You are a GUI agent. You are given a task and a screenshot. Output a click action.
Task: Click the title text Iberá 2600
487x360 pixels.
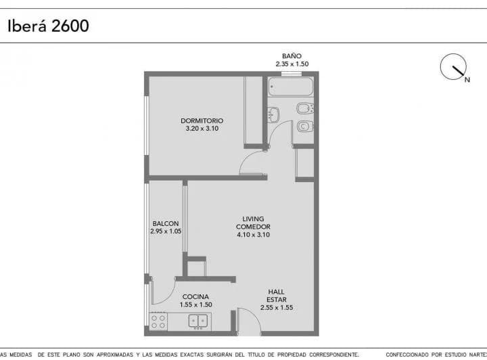tap(48, 26)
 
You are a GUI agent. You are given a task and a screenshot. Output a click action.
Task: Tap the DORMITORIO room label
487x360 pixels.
tap(202, 120)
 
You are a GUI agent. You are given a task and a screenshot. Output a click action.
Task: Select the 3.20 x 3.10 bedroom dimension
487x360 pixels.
tap(202, 129)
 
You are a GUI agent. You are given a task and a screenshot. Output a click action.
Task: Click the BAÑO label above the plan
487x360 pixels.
tap(292, 56)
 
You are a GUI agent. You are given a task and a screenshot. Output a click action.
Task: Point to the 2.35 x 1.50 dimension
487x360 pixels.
tap(292, 64)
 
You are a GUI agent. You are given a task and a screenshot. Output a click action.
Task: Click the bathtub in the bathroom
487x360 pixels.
tap(291, 87)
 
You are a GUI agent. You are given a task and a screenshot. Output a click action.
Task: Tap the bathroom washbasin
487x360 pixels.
tap(273, 114)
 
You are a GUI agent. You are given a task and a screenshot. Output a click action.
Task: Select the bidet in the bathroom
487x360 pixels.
tap(304, 108)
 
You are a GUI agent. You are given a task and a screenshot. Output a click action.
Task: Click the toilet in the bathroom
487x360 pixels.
tap(305, 127)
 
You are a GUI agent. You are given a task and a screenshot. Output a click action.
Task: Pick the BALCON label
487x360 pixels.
tap(166, 223)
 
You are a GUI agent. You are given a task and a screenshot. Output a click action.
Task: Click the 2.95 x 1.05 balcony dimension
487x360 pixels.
tap(166, 231)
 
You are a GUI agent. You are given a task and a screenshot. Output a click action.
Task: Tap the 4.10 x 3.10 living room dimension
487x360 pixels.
tap(253, 235)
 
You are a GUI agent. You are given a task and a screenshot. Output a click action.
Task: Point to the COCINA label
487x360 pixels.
tap(195, 296)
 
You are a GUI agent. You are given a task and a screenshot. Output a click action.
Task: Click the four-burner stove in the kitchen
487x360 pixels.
tap(158, 322)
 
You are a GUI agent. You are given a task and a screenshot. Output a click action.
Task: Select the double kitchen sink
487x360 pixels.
tap(198, 321)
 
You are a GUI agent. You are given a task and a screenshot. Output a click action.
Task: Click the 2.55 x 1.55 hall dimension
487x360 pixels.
tap(277, 307)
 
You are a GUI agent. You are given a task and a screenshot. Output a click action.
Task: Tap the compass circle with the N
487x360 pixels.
tap(453, 66)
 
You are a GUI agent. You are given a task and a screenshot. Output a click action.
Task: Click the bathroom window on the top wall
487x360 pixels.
tap(292, 74)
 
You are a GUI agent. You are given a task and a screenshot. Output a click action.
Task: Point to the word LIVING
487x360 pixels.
tap(253, 219)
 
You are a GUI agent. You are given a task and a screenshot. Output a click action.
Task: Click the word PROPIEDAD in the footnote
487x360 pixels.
tap(292, 355)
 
